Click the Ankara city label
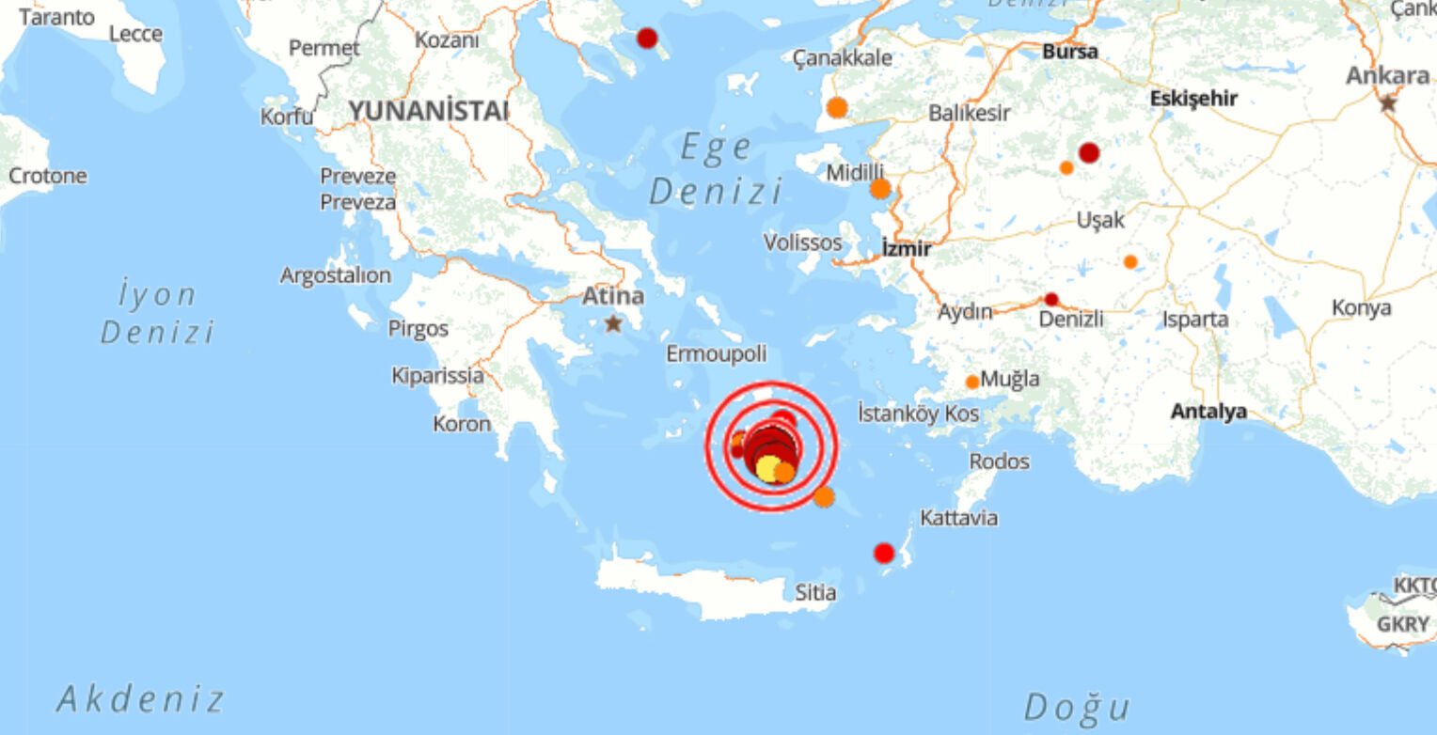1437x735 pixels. pyautogui.click(x=1387, y=75)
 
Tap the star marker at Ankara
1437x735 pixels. pyautogui.click(x=1388, y=103)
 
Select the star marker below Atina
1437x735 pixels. pyautogui.click(x=613, y=323)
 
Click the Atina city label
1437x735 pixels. pyautogui.click(x=613, y=297)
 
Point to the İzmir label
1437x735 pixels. pyautogui.click(x=907, y=249)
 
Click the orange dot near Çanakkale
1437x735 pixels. pyautogui.click(x=837, y=108)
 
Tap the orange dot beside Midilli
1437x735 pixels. pyautogui.click(x=880, y=189)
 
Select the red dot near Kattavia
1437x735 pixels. pyautogui.click(x=884, y=553)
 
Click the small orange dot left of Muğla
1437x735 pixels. pyautogui.click(x=972, y=382)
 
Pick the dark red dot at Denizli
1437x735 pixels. pyautogui.click(x=1051, y=300)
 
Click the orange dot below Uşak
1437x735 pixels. pyautogui.click(x=1130, y=262)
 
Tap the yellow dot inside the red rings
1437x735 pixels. pyautogui.click(x=767, y=468)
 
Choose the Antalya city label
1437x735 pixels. pyautogui.click(x=1208, y=412)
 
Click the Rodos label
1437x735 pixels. pyautogui.click(x=999, y=461)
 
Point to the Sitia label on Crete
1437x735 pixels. pyautogui.click(x=815, y=593)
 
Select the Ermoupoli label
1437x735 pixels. pyautogui.click(x=717, y=354)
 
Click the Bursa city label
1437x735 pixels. pyautogui.click(x=1070, y=52)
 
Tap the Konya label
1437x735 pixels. pyautogui.click(x=1361, y=307)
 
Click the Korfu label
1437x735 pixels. pyautogui.click(x=287, y=117)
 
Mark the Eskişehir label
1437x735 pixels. pyautogui.click(x=1193, y=98)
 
